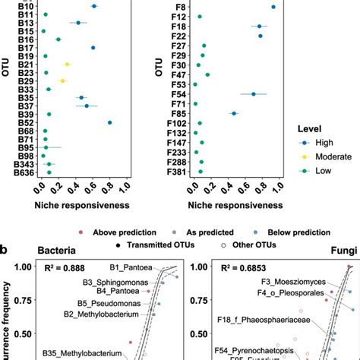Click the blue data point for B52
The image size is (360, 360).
coord(110,122)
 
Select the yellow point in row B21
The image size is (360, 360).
coord(67,65)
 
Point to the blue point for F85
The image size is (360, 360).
coord(234,113)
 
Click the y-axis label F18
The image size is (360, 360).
coord(178,27)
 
